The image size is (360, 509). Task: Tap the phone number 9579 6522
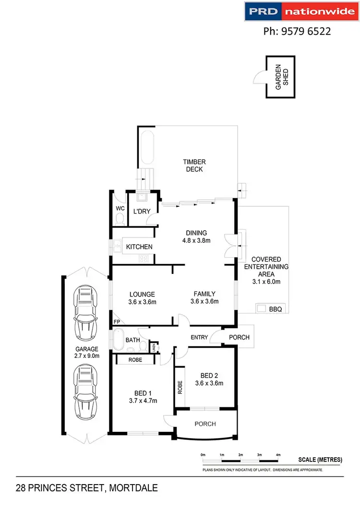pos(297,32)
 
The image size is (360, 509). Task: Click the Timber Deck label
pos(193,166)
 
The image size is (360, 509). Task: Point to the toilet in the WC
pos(120,220)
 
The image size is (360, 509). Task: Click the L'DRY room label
pos(142,211)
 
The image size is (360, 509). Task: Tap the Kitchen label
pos(139,247)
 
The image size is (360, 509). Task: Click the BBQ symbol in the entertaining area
pos(261,309)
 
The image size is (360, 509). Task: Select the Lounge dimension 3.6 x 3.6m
pos(142,302)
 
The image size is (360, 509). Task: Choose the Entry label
pos(199,337)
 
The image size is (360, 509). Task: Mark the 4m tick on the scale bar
pos(278,454)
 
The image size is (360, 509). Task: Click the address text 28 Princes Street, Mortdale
pos(86,488)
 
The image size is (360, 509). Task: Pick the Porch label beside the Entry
pos(239,337)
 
